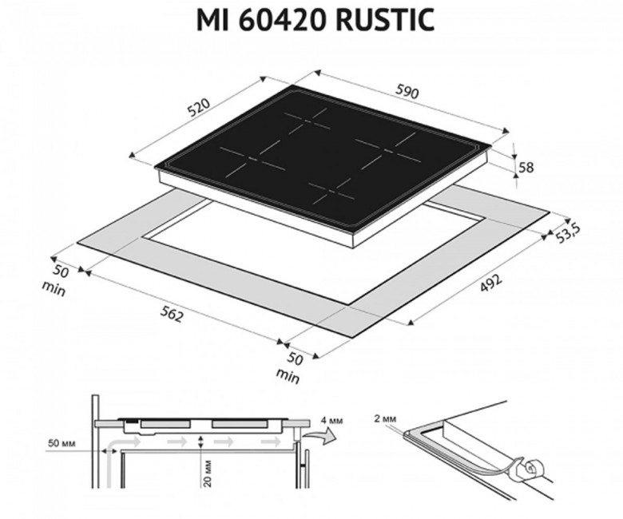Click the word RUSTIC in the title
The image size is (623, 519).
click(x=385, y=19)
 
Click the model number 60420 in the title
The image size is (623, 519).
click(x=283, y=19)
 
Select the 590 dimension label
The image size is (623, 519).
click(x=407, y=92)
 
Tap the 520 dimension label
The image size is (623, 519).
click(x=199, y=108)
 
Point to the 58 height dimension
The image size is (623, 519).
click(x=526, y=168)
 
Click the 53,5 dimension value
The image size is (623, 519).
click(x=568, y=233)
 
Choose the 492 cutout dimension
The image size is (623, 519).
click(x=491, y=283)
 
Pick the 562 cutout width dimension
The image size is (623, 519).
click(x=172, y=315)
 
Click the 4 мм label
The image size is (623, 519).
click(x=331, y=420)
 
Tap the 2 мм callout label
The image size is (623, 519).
click(x=385, y=418)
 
